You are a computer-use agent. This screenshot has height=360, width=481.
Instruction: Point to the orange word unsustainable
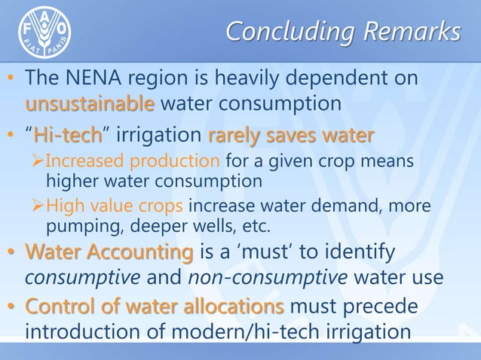point(90,103)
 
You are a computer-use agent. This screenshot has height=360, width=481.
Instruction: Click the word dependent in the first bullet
point(335,78)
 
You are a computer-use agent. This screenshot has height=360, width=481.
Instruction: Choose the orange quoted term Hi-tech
point(67,137)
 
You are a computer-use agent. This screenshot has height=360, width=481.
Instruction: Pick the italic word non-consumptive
point(272,278)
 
